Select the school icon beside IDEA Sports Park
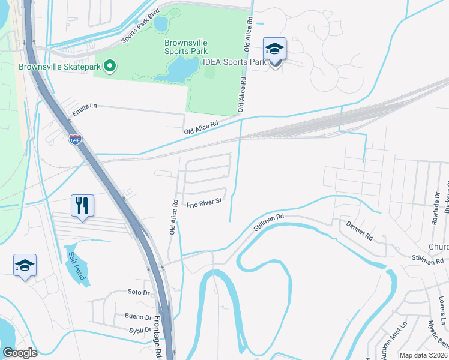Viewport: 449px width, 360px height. click(x=274, y=50)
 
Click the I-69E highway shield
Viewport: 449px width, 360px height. click(x=74, y=140)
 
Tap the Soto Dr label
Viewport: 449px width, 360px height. click(x=138, y=292)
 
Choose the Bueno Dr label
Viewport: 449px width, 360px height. click(x=139, y=316)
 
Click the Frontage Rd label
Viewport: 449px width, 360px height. click(x=158, y=337)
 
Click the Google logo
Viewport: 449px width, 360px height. click(x=20, y=353)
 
